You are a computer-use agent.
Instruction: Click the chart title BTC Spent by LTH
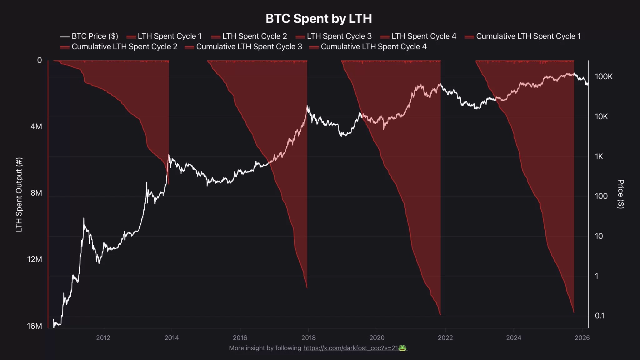(318, 19)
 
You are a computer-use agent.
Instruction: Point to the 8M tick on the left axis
(36, 193)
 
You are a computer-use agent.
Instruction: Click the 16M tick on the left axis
(34, 326)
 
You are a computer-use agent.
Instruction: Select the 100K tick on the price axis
(603, 77)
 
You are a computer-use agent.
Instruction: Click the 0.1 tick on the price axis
(599, 316)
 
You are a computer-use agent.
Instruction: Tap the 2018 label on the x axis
(308, 338)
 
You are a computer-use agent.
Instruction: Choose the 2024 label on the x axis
(513, 338)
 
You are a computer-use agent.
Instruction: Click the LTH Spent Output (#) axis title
(19, 194)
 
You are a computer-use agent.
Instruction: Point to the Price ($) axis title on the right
(621, 194)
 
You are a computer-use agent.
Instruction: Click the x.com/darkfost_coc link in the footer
(350, 348)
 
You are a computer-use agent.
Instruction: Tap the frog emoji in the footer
(402, 348)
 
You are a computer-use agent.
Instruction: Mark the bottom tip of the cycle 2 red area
(307, 288)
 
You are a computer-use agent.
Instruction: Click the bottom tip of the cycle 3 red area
(440, 315)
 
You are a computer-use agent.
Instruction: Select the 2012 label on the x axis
(103, 338)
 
